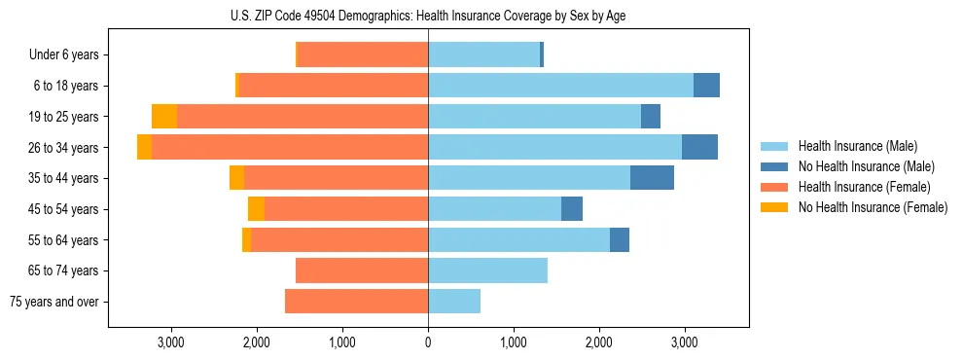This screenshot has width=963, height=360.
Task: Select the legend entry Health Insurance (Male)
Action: pos(852,146)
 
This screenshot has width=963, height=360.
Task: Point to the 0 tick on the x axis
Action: pos(428,342)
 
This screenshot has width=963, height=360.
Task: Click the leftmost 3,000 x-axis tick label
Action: pos(171,342)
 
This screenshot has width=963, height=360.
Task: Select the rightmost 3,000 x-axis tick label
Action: pos(685,342)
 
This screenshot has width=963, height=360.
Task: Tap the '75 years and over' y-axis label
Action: pos(54,302)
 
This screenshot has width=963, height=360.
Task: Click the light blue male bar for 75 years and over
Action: pos(454,302)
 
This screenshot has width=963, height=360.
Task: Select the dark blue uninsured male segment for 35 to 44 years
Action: pos(652,178)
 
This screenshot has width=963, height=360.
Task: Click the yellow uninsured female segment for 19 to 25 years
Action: pos(164,117)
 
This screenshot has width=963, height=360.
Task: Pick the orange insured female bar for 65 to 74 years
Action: pos(362,270)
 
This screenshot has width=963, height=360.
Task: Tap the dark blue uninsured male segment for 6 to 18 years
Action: pos(706,86)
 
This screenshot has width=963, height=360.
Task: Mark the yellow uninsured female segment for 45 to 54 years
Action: pos(256,209)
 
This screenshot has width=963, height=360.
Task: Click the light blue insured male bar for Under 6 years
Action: pos(483,54)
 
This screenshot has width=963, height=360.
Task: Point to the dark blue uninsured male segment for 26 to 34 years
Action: pos(699,147)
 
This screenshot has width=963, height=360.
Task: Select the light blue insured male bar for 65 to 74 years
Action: pos(487,270)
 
